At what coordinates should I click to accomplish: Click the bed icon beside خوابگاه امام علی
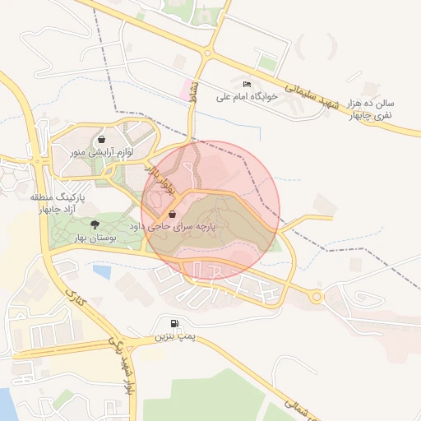[x=246, y=84]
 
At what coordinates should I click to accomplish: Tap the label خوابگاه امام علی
[x=248, y=96]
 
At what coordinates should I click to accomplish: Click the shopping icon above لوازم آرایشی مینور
[x=101, y=139]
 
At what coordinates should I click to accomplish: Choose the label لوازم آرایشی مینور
[x=101, y=152]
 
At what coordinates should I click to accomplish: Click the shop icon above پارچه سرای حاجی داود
[x=172, y=214]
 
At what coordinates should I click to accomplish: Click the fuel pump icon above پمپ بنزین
[x=173, y=324]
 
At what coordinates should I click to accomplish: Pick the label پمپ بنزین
[x=173, y=337]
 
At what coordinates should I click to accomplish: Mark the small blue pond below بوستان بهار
[x=102, y=270]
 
